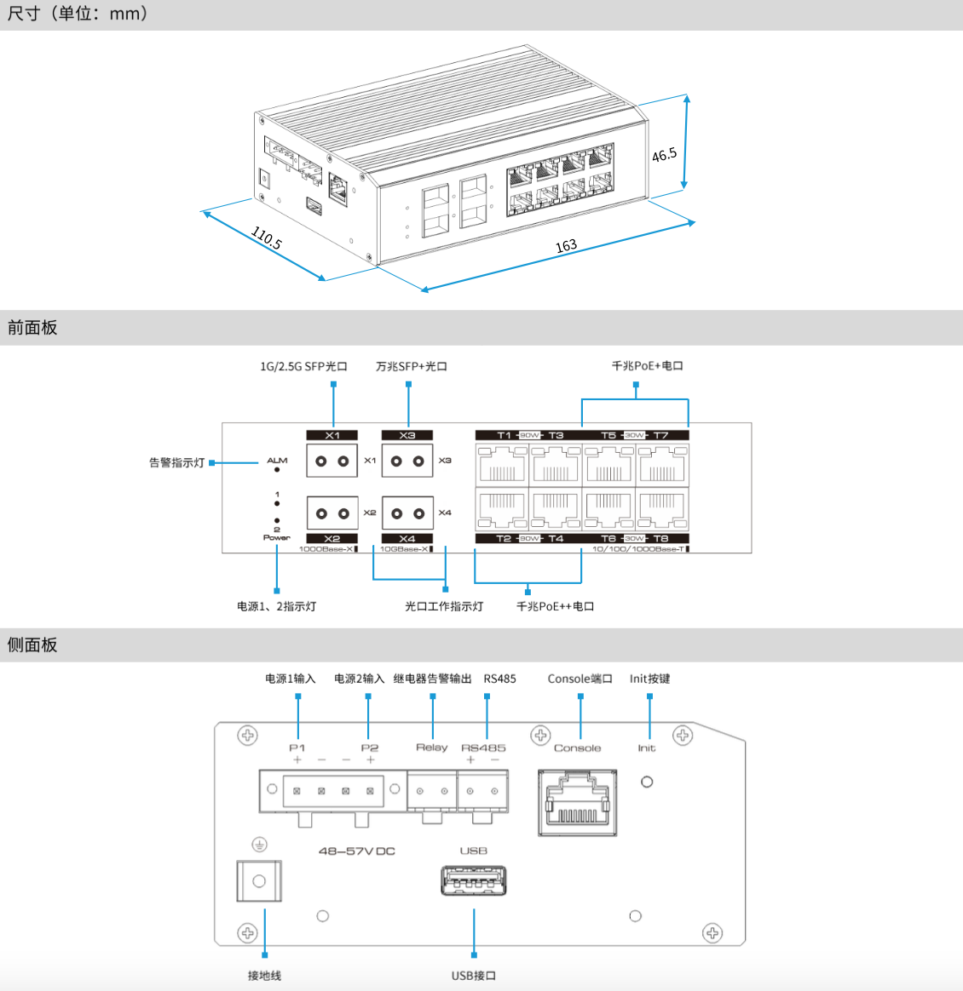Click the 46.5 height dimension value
(664, 155)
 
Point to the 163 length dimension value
(566, 246)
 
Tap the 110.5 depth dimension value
(267, 238)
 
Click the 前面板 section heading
(32, 328)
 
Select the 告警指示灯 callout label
(176, 463)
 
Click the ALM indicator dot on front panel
(277, 469)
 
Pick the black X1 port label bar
(332, 435)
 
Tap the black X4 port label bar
(407, 539)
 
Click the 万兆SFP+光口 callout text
(412, 367)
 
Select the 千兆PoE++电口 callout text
(555, 606)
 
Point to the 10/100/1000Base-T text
(639, 549)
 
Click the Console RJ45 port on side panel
(577, 803)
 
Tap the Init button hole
(647, 782)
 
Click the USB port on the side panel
(474, 880)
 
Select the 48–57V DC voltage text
(356, 851)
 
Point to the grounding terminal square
(259, 881)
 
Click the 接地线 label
(264, 976)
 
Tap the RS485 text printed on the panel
(483, 748)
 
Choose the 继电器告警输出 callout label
(432, 679)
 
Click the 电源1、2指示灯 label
(276, 606)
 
